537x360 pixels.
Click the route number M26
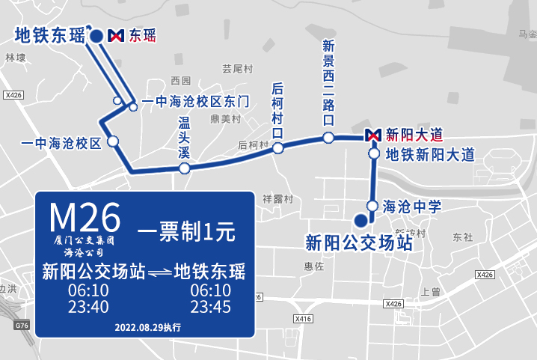tap(85, 217)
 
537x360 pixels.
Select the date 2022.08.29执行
tap(147, 327)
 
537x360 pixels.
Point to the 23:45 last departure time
tap(210, 307)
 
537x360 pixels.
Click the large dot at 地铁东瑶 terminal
tap(96, 35)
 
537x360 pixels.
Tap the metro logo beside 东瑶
tap(116, 35)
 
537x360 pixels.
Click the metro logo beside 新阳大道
tap(373, 135)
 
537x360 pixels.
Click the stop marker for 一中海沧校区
tap(113, 141)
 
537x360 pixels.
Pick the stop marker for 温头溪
tap(184, 168)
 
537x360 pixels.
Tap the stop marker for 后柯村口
tap(277, 148)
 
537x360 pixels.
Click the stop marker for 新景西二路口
tap(328, 137)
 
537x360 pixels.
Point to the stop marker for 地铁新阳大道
tap(373, 154)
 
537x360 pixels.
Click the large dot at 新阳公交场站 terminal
tap(360, 220)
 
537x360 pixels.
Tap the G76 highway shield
tap(21, 326)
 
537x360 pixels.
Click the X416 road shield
tap(303, 319)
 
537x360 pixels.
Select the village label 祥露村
tap(277, 199)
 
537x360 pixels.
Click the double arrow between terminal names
tap(159, 272)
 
